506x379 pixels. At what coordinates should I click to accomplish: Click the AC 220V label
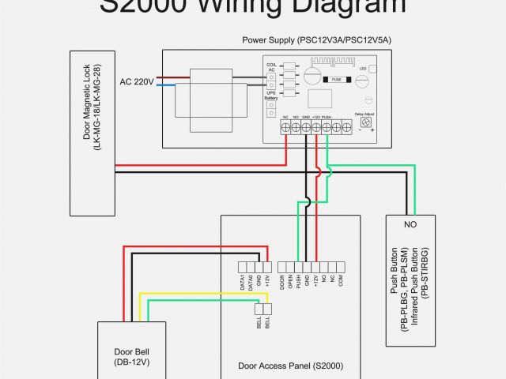(x=137, y=81)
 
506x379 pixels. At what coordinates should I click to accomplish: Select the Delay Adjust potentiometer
(x=366, y=122)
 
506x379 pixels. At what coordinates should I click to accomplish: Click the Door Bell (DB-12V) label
(x=131, y=357)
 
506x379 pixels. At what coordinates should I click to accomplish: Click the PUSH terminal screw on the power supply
(x=327, y=128)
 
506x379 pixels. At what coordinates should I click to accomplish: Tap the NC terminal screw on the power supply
(x=285, y=128)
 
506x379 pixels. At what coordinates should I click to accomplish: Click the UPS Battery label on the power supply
(x=271, y=96)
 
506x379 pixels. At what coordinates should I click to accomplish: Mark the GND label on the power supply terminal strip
(x=305, y=117)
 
